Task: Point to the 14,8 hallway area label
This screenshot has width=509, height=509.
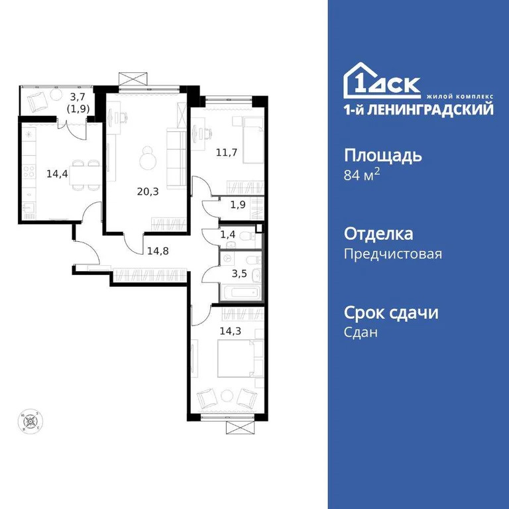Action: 158,251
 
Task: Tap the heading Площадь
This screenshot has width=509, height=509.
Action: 382,156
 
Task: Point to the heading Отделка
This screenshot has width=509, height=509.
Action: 378,234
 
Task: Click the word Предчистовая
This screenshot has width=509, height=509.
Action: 392,254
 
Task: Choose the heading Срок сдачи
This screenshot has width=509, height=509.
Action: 391,313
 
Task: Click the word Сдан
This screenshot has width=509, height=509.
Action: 361,333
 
